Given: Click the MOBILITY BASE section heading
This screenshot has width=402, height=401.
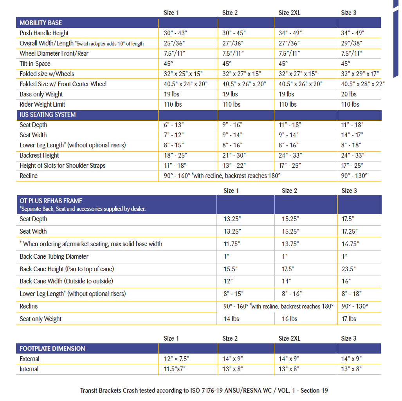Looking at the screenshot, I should (x=41, y=23).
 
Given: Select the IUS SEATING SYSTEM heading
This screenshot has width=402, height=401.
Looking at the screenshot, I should (x=47, y=115).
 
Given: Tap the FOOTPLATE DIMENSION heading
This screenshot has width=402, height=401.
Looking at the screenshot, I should (x=52, y=348).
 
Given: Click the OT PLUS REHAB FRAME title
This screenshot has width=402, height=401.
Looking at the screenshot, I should (x=51, y=201).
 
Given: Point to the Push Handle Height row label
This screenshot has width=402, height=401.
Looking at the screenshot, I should (x=44, y=33).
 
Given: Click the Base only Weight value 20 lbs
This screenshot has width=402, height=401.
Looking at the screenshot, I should (x=349, y=94).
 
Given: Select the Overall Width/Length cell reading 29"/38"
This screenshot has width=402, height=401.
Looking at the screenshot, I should (x=352, y=44).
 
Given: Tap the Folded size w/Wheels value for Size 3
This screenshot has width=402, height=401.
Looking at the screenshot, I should (x=360, y=74).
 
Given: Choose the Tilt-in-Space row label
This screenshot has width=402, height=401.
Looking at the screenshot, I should (x=35, y=64).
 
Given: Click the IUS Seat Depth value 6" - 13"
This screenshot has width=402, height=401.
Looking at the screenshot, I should (x=174, y=125).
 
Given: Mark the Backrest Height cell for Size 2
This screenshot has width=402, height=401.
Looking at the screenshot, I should (x=234, y=155).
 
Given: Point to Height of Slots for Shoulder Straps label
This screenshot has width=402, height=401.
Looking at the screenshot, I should (x=63, y=165).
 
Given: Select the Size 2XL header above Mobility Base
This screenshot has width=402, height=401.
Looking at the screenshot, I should (x=289, y=13).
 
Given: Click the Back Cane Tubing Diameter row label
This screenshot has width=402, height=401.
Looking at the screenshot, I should (x=54, y=256).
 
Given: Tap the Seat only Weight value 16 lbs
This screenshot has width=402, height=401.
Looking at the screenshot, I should (x=289, y=319).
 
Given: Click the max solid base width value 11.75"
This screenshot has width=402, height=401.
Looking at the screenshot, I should (x=232, y=244).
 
